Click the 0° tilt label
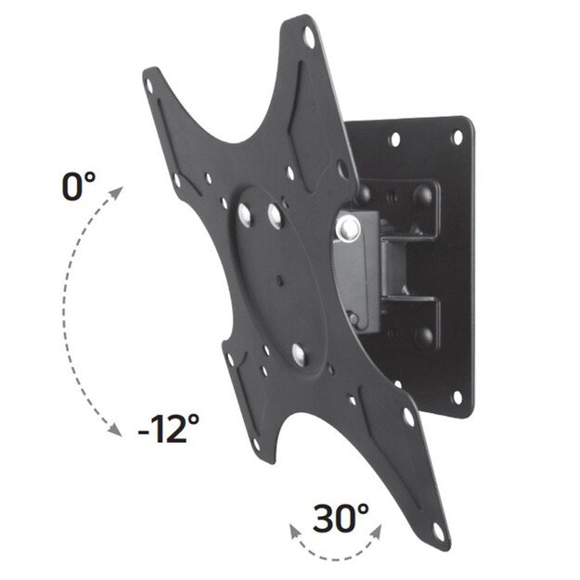(78, 187)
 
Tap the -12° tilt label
(168, 429)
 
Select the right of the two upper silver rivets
(276, 212)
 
